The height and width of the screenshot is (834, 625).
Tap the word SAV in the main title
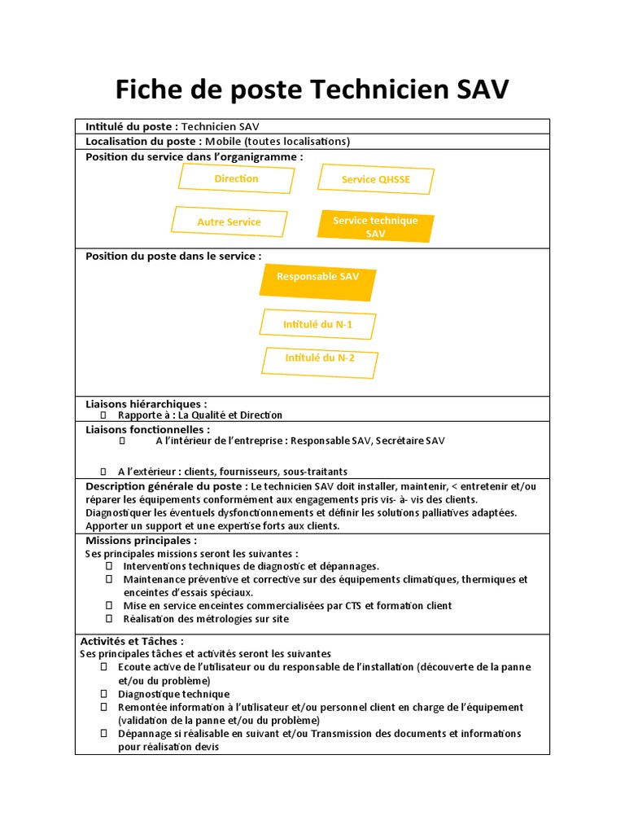point(481,90)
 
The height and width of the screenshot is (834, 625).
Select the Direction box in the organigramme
point(236,178)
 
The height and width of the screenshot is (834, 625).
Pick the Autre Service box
point(229,222)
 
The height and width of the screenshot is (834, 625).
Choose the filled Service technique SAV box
point(375,227)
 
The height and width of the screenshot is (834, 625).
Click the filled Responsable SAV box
point(317,278)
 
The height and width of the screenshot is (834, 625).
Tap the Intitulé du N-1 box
point(317,325)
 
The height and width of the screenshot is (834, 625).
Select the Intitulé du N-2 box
point(320,358)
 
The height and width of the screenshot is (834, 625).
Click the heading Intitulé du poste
point(131,126)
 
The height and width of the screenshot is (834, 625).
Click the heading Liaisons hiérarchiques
point(146,403)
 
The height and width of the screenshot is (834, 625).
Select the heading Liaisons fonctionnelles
point(147,429)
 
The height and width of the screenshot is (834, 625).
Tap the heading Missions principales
point(141,540)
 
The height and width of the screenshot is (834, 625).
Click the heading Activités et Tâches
point(132,641)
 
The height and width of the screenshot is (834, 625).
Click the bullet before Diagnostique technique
point(104,693)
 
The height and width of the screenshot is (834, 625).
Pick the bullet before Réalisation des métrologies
point(109,618)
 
